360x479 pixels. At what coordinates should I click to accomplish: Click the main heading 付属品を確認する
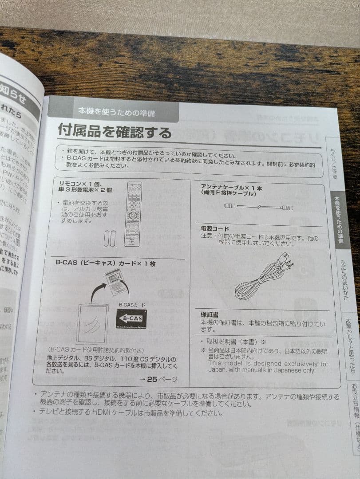click(115, 132)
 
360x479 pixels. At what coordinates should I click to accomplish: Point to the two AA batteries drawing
click(110, 238)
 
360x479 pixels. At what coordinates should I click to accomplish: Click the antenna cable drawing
click(258, 207)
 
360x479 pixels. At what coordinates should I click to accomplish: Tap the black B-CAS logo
click(131, 318)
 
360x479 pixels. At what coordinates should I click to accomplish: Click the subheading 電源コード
click(215, 228)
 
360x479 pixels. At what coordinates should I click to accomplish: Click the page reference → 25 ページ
click(158, 379)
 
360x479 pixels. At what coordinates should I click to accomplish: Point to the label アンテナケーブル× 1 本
click(231, 188)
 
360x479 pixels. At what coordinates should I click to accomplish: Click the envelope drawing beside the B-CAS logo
click(92, 323)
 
